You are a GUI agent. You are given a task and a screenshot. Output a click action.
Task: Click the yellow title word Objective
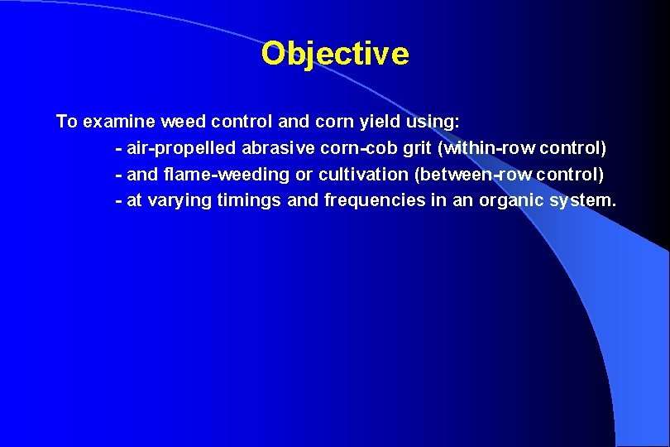tap(335, 54)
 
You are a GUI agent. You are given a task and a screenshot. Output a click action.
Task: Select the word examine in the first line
tap(112, 122)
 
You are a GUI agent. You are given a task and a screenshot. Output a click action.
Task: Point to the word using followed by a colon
tap(433, 122)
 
